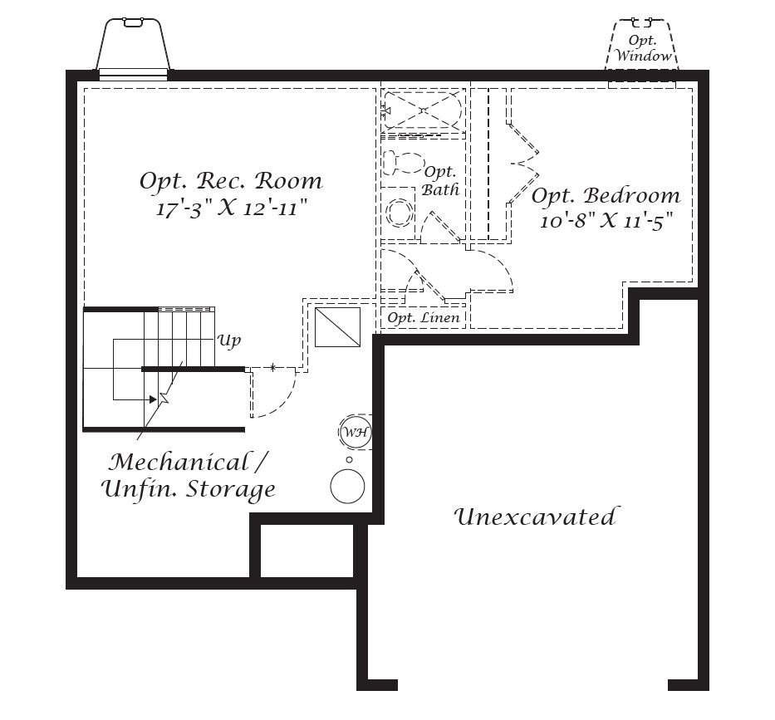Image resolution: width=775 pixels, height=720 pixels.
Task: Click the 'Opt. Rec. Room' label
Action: pos(230,180)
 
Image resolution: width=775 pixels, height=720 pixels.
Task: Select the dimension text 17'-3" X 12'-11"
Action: pos(232,208)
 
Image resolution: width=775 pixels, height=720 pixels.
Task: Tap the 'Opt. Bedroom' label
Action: pos(606,196)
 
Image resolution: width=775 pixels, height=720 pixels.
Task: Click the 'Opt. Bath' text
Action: pos(441,180)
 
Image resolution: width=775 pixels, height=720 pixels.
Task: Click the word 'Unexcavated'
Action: pos(536,517)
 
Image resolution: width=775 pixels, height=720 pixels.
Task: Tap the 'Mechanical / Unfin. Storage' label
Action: pos(189,475)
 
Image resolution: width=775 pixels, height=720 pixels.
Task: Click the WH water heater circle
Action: pos(355,432)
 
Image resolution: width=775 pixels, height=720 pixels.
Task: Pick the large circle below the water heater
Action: pos(348,487)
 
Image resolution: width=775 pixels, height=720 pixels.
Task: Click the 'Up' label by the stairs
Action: pos(229,340)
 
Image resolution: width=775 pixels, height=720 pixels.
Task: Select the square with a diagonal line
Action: pos(337,326)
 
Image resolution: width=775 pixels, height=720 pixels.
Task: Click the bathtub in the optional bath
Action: pos(422,110)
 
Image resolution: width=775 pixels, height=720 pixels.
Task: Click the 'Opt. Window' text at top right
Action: pos(643,49)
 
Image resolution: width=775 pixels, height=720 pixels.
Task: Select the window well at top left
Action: pos(133,46)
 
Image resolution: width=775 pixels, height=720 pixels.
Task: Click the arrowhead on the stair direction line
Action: pos(153,399)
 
